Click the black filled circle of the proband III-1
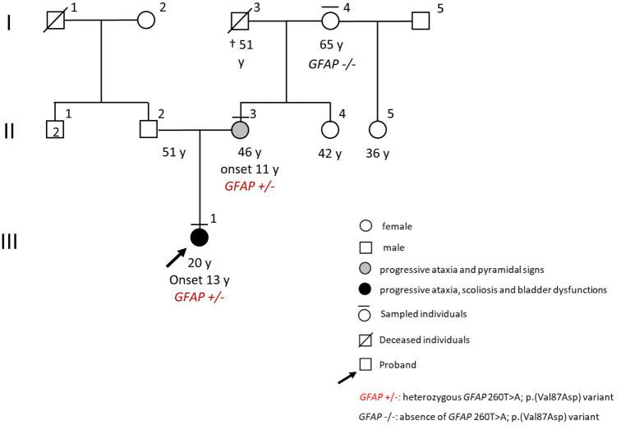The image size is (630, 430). tap(199, 238)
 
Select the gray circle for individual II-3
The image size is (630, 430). tap(240, 130)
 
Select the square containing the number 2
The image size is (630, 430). tap(54, 130)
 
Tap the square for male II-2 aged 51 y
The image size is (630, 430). tap(148, 130)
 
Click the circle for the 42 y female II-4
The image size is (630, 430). tap(330, 130)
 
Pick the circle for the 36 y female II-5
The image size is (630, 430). tap(377, 130)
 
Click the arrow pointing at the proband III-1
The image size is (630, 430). tap(175, 258)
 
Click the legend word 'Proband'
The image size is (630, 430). tap(398, 363)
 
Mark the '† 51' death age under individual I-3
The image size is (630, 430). tap(241, 46)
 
